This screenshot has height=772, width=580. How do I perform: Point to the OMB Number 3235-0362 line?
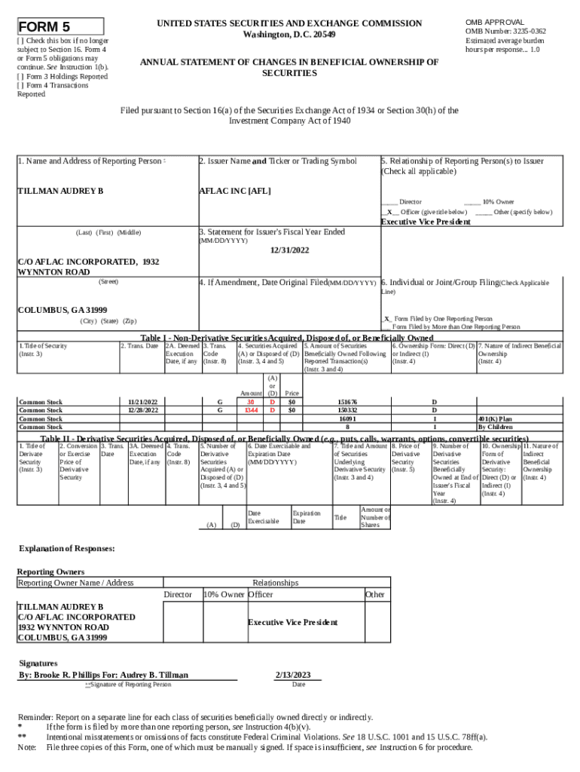(505, 31)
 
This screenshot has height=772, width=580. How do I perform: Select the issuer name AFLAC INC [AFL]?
(234, 190)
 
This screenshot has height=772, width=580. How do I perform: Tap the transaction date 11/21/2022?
(142, 402)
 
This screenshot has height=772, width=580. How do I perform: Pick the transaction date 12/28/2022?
(142, 410)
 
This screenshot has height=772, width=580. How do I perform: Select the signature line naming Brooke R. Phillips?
(103, 674)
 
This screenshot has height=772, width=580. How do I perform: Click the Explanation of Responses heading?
(66, 548)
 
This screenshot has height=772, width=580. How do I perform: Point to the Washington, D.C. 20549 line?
(289, 35)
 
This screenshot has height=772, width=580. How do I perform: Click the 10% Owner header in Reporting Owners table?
(224, 595)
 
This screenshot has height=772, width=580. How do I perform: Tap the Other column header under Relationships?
(375, 595)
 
